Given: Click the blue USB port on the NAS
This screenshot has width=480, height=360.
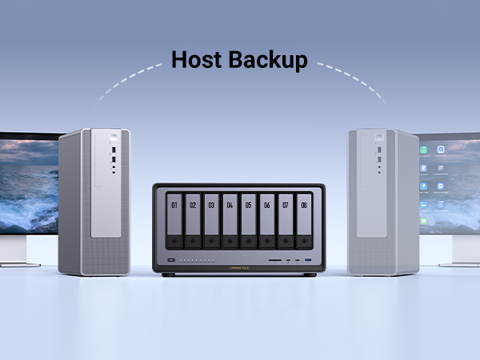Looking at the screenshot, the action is point(308,261).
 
